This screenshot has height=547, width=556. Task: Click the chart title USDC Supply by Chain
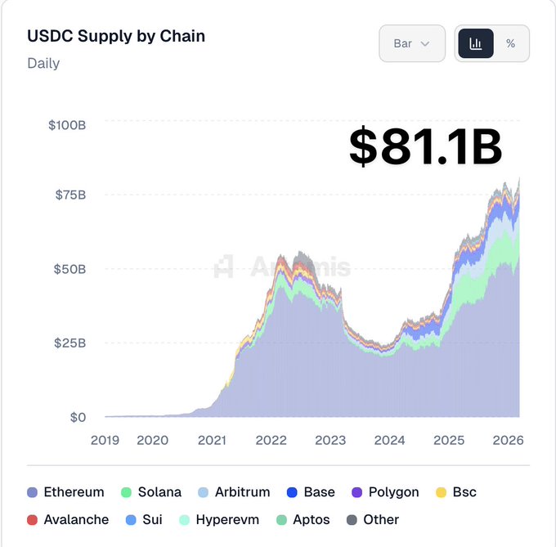coord(116,36)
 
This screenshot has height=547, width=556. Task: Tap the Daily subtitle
coord(43,63)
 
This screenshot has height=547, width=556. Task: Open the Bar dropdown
coord(411,43)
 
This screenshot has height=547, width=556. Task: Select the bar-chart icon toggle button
coord(475,43)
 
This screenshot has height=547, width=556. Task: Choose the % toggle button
coord(511,43)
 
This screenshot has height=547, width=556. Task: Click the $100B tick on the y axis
coord(67,125)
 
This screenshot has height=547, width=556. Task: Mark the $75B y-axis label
coord(70,195)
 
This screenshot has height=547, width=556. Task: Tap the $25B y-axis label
coord(70,343)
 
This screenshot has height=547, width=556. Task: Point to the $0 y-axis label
coord(78,417)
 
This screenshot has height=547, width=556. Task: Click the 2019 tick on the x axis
coord(105,440)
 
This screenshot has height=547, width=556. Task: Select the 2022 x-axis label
coord(271,440)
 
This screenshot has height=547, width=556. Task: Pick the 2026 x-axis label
coord(508,440)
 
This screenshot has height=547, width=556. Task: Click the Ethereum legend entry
coord(65,492)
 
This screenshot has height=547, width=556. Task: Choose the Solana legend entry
coord(151,492)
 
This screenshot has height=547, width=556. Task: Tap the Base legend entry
coord(311,492)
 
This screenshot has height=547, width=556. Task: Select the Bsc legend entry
coord(455,492)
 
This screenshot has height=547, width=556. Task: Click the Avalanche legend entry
coord(68,519)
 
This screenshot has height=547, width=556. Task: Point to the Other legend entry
coord(373,519)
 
